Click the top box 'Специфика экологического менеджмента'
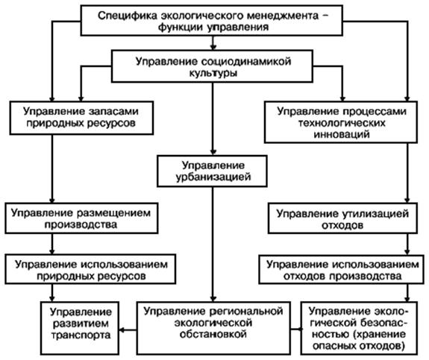(x=211, y=20)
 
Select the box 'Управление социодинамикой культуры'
(x=212, y=66)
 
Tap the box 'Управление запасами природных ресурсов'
(x=81, y=118)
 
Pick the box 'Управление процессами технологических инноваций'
(x=341, y=122)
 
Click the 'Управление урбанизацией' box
(x=212, y=171)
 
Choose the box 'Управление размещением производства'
(x=81, y=218)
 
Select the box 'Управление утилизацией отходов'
(x=342, y=218)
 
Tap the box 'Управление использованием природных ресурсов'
(x=90, y=269)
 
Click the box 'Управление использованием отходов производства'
(x=342, y=269)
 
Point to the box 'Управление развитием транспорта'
(x=80, y=328)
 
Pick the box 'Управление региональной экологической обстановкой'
(x=213, y=328)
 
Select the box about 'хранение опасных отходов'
(x=359, y=328)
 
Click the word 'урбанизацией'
(x=213, y=177)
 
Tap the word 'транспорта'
(x=81, y=335)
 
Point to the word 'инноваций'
(x=342, y=134)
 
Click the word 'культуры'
(x=213, y=73)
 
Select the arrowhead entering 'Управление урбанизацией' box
(x=213, y=152)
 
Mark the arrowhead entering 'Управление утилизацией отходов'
(x=407, y=200)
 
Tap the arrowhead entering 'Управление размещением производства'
(x=52, y=200)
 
